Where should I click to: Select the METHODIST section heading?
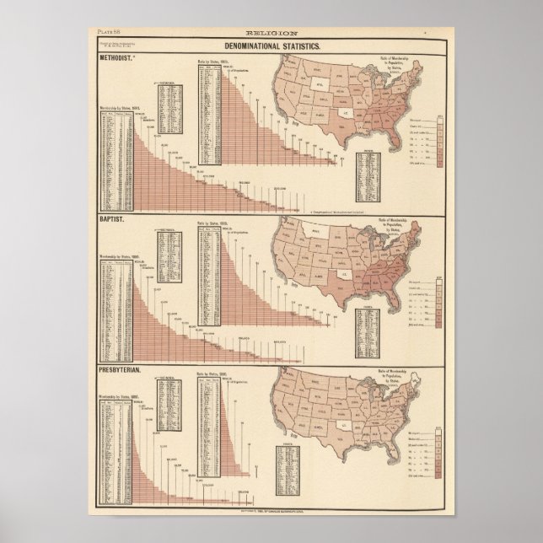118,59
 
